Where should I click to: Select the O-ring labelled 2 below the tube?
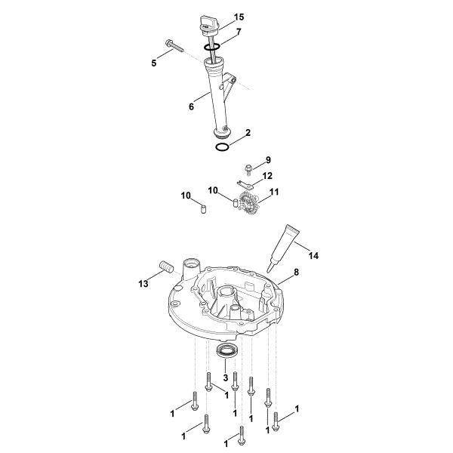pyautogui.click(x=221, y=146)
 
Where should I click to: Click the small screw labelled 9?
pyautogui.click(x=247, y=169)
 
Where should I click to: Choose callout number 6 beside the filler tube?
pyautogui.click(x=192, y=106)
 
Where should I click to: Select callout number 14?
pyautogui.click(x=313, y=256)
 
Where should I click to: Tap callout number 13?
pyautogui.click(x=143, y=283)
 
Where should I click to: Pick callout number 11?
pyautogui.click(x=273, y=193)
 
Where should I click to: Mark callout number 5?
pyautogui.click(x=154, y=63)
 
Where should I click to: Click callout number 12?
pyautogui.click(x=268, y=176)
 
